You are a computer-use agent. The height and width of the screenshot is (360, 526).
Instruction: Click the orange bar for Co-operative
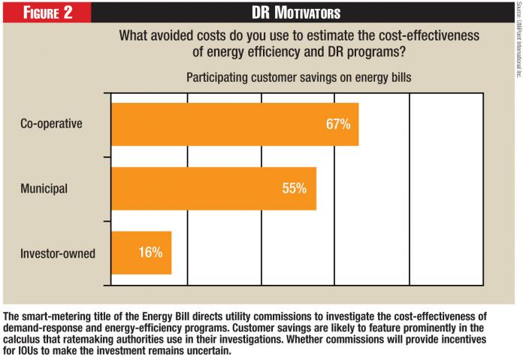[234, 125]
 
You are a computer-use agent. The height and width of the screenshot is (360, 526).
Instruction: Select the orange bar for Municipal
[213, 189]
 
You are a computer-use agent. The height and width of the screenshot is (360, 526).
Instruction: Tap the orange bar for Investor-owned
[141, 253]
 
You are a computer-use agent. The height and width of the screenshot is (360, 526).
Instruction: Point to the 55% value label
[294, 189]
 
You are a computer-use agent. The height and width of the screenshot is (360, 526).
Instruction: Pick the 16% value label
[150, 253]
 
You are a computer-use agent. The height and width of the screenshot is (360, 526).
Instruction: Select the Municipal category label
[44, 189]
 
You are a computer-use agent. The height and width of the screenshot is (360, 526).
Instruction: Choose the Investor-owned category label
[58, 253]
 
